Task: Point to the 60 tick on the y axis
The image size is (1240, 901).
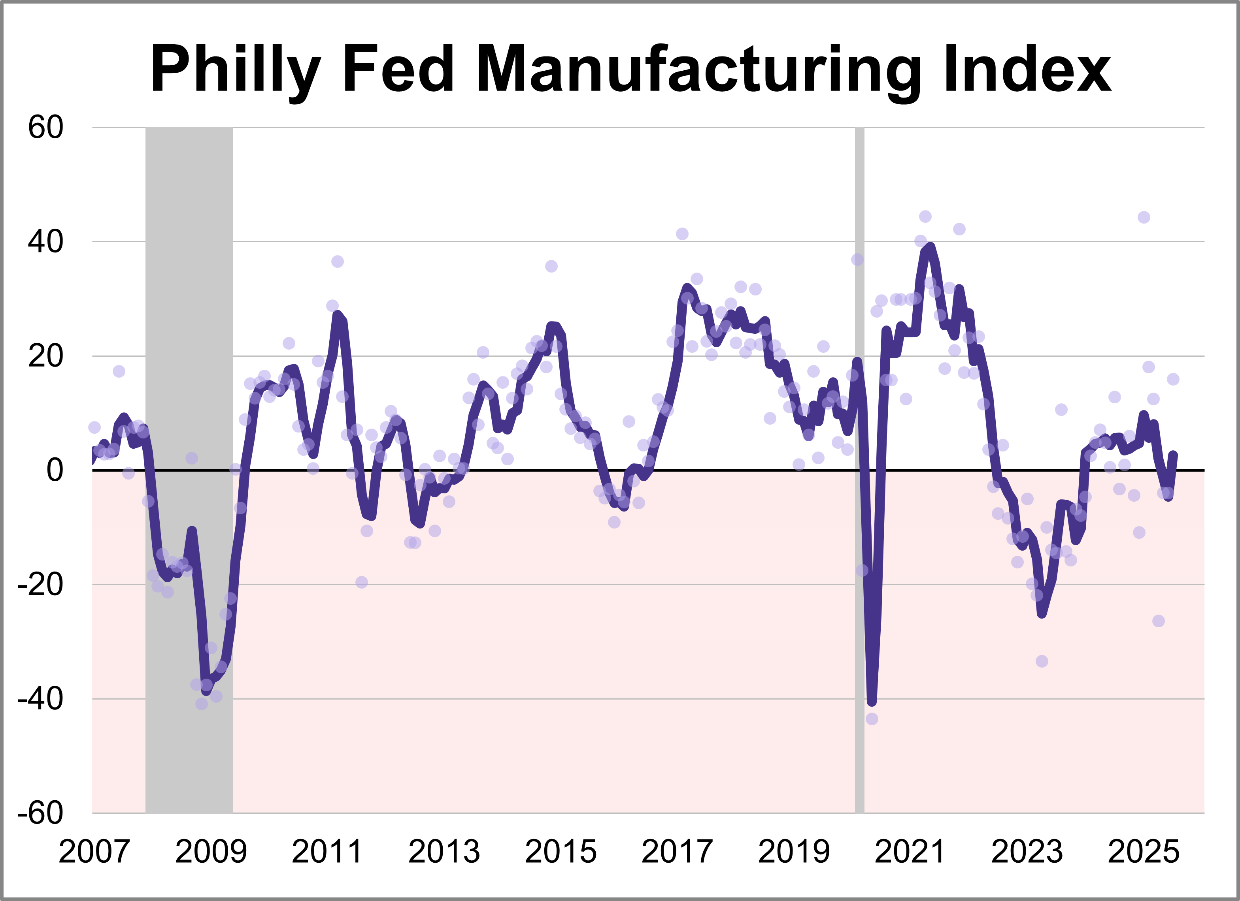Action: [x=46, y=128]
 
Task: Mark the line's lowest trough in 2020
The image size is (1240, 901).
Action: [x=872, y=702]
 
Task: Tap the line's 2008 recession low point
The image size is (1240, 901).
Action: [x=206, y=692]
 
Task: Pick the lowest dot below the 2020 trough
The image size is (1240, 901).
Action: [x=872, y=719]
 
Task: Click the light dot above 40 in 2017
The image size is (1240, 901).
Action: [x=682, y=234]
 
